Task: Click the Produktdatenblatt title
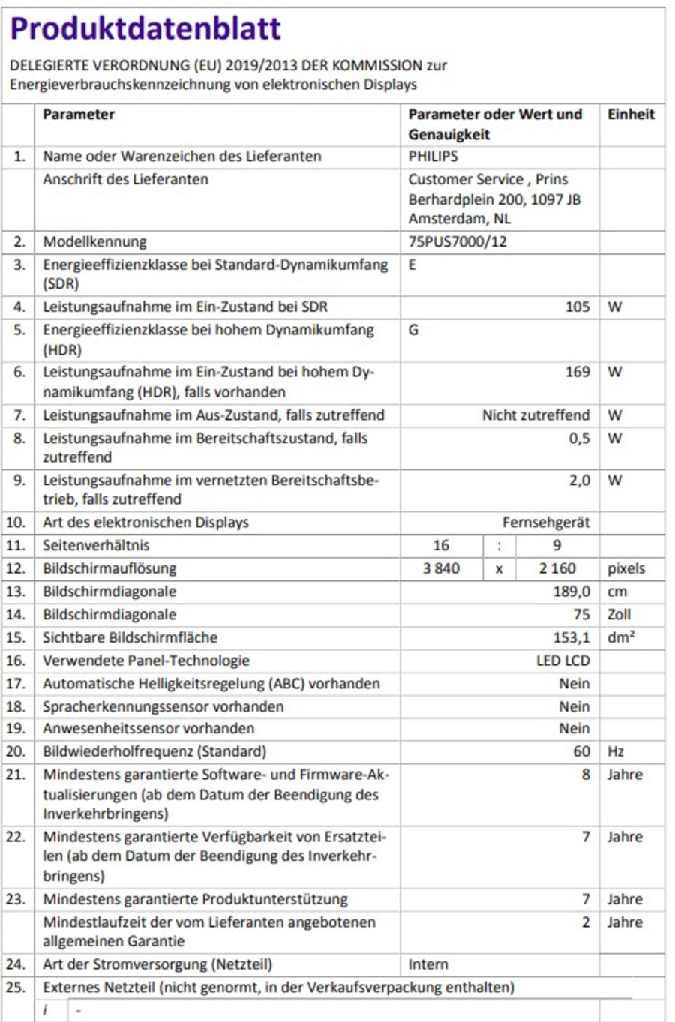point(145,28)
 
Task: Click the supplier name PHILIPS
point(433,157)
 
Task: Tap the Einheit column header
point(631,115)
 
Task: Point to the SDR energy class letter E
point(412,265)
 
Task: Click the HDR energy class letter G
point(413,330)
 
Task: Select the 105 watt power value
point(577,307)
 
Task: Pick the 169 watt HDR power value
point(577,372)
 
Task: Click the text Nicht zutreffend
point(535,415)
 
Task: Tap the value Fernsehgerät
point(546,523)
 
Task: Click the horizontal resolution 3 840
point(441,568)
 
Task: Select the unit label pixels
point(626,568)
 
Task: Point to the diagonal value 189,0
point(571,592)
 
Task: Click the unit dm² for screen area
point(621,637)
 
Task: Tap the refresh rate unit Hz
point(616,751)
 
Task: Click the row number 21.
point(16,775)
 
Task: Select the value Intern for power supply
point(428,964)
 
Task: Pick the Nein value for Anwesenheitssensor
point(574,728)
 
